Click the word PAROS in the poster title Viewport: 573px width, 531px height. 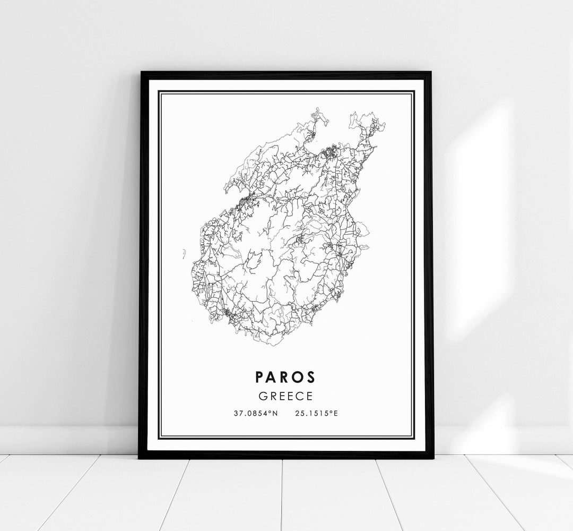pyautogui.click(x=285, y=376)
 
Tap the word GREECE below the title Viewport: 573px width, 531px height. pyautogui.click(x=285, y=396)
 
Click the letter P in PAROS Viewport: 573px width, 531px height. pyautogui.click(x=259, y=376)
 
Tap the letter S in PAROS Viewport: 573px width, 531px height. pyautogui.click(x=311, y=376)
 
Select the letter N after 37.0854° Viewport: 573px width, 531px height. pyautogui.click(x=274, y=413)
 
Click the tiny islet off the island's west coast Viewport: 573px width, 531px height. pyautogui.click(x=184, y=254)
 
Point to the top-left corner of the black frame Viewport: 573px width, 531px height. pyautogui.click(x=141, y=73)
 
